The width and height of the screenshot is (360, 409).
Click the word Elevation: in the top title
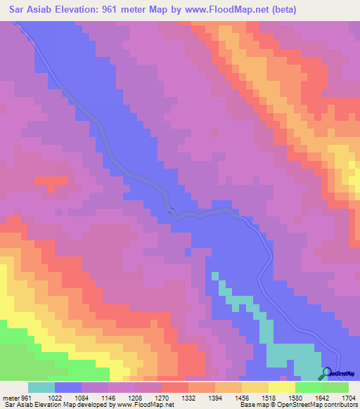[79, 10]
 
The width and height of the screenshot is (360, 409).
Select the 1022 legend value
[54, 398]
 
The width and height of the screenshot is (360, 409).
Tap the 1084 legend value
[81, 398]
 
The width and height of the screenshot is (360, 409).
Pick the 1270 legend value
[162, 398]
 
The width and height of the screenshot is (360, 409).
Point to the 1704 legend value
[348, 398]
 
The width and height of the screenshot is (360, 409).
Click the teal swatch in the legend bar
[41, 387]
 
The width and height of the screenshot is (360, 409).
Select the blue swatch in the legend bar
[67, 387]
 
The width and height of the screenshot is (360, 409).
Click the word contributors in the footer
[340, 405]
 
